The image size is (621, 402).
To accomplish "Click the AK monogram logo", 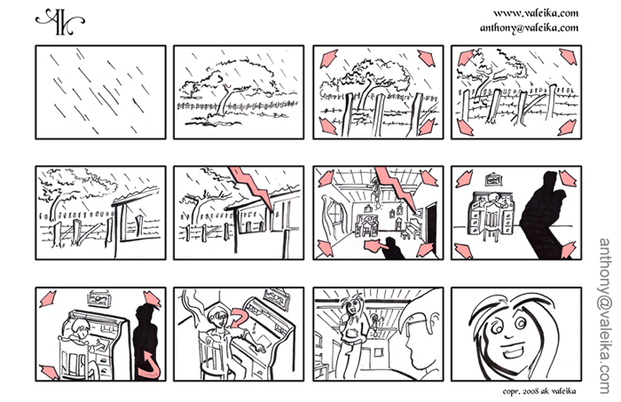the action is tap(60, 22).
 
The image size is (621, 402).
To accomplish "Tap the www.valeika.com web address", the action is tap(536, 13).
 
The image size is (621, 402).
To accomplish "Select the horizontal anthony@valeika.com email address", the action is tap(529, 28).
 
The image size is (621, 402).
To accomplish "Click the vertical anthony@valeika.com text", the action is tap(605, 316).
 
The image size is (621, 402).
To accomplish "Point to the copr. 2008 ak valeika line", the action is tap(539, 391).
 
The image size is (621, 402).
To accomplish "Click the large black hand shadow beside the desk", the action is tap(544, 214).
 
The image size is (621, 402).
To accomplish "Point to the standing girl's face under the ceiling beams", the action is tap(352, 306).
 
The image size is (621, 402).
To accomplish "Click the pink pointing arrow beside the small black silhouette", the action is tap(373, 247).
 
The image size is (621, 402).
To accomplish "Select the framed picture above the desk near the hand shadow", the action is tap(493, 179).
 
